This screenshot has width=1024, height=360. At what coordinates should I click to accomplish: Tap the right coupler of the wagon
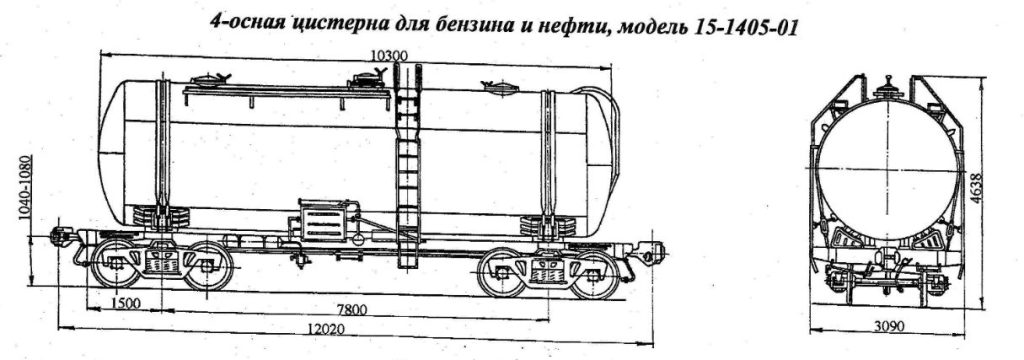[x=652, y=245]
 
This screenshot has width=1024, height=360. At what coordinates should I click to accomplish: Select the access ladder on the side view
[x=408, y=160]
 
